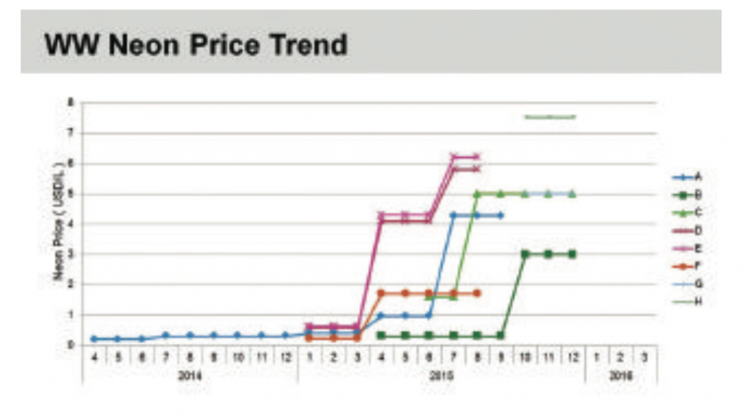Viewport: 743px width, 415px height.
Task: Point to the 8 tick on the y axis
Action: click(71, 102)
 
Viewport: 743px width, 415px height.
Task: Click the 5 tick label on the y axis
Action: click(71, 194)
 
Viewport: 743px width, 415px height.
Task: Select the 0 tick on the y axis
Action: click(71, 345)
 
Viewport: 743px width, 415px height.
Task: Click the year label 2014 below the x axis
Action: click(189, 375)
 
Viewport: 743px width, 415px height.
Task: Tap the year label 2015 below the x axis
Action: click(440, 375)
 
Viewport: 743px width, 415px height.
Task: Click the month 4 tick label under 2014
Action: click(94, 358)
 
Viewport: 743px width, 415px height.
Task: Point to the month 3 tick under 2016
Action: click(644, 358)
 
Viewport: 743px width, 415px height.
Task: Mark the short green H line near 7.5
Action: click(549, 116)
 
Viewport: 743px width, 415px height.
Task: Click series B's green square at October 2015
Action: click(525, 254)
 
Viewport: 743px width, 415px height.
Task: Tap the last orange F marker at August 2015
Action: click(477, 293)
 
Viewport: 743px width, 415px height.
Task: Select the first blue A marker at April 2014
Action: click(94, 339)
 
